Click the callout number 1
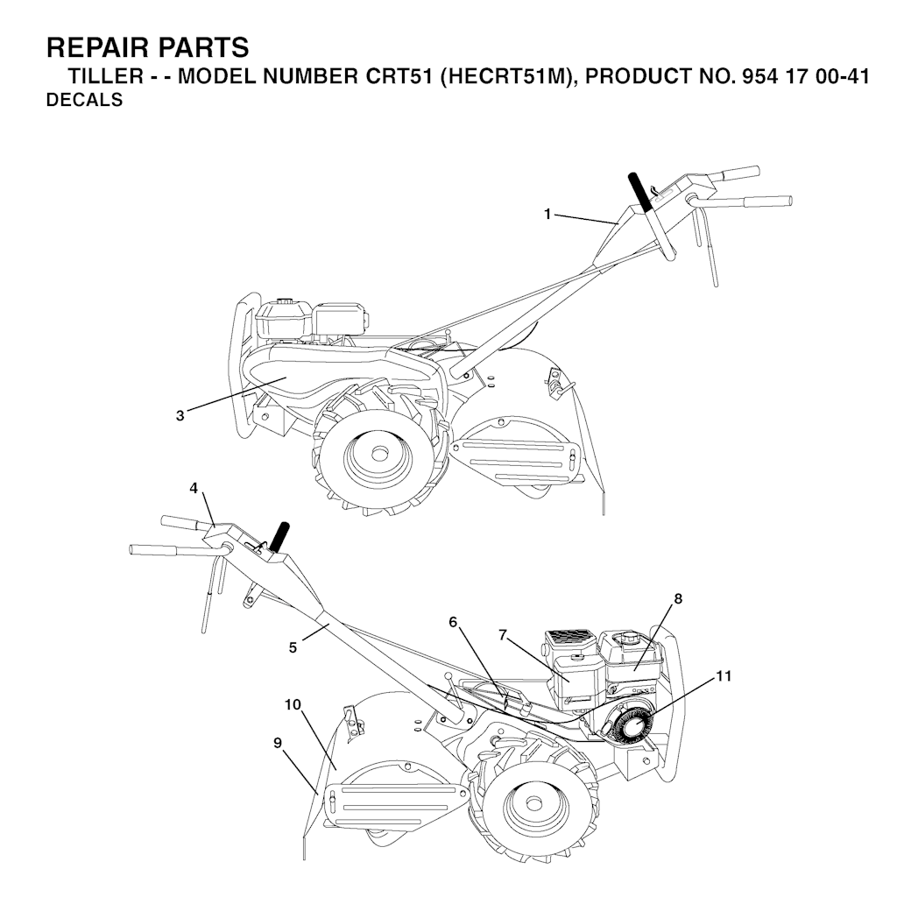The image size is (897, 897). tap(547, 215)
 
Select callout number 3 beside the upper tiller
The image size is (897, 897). tap(180, 416)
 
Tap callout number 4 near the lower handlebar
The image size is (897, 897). tap(194, 488)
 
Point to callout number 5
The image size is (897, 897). tap(293, 648)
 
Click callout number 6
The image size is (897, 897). tap(453, 622)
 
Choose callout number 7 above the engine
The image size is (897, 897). tap(503, 635)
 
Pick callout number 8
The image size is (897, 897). tap(678, 598)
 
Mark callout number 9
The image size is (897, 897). tap(278, 743)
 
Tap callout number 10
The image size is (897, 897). tap(293, 705)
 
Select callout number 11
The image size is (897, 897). tap(724, 676)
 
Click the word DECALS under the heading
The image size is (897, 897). tap(85, 100)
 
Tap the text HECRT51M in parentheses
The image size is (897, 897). tap(506, 77)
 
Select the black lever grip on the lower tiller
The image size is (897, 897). tap(279, 537)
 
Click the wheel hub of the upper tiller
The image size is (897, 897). tap(378, 455)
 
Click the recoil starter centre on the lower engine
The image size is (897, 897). tap(632, 728)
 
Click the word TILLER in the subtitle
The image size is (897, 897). tap(106, 77)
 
